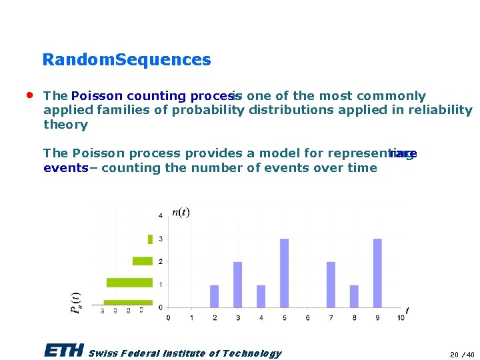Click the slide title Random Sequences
coord(126,60)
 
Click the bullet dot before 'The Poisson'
coord(30,95)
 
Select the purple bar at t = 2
coord(214,296)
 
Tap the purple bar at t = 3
coord(237,285)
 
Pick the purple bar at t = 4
coord(261,296)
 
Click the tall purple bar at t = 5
coord(284,273)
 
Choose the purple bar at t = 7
coord(331,285)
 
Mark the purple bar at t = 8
coord(354,296)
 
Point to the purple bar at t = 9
coord(377,273)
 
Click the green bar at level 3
coord(150,239)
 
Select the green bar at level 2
coord(143,261)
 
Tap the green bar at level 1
coord(129,283)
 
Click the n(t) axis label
coord(181,213)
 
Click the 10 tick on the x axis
coord(400,318)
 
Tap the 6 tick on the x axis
coord(307,318)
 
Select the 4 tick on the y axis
coord(160,215)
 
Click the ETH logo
coord(64,350)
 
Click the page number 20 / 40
coord(461,355)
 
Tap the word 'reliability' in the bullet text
coord(441,110)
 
